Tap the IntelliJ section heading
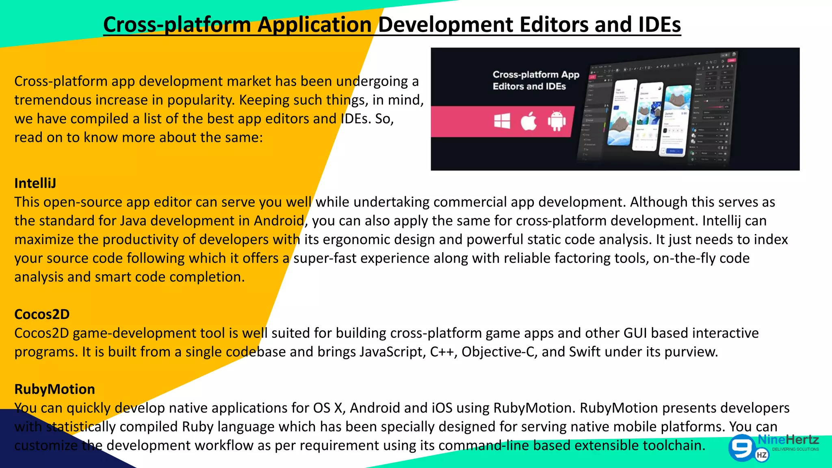point(35,183)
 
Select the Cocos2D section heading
point(42,314)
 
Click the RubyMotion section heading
point(54,389)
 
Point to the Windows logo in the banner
point(502,121)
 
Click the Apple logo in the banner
point(529,121)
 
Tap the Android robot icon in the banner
point(557,121)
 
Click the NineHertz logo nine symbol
point(741,447)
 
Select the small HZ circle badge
point(762,455)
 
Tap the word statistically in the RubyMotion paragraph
point(81,427)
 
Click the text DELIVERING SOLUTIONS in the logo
point(795,449)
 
